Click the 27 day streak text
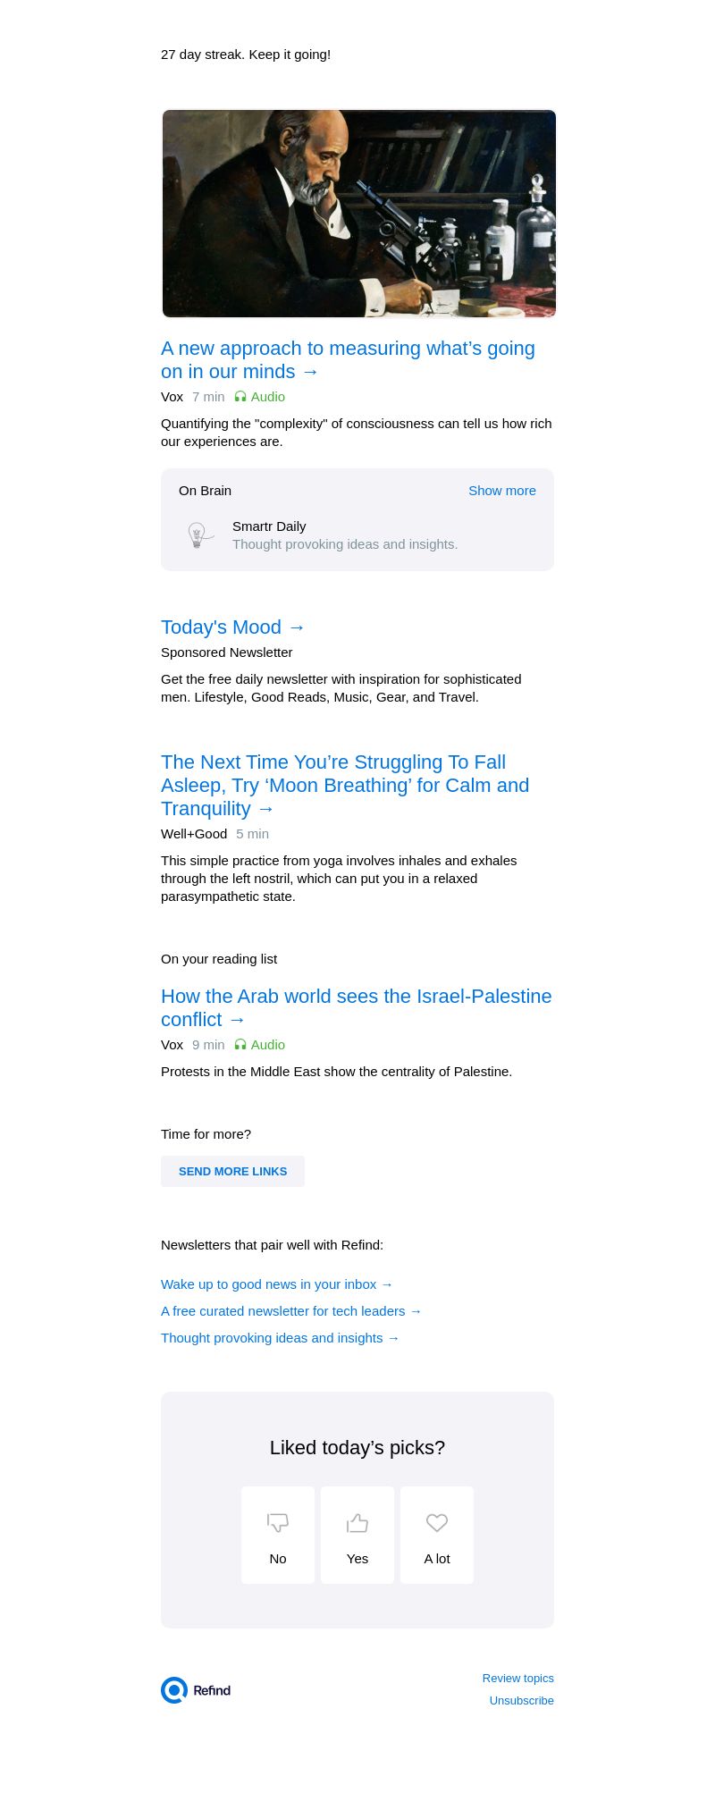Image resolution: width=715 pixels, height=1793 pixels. [x=246, y=55]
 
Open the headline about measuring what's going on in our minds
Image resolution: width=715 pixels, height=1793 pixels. [x=348, y=360]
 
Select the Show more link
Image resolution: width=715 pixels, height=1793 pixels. [x=501, y=491]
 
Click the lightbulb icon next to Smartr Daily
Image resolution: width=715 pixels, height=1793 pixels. [x=198, y=535]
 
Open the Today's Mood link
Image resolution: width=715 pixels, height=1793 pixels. [x=233, y=627]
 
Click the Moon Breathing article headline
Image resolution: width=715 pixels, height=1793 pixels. [x=345, y=786]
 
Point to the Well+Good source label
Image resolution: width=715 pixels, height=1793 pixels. [x=194, y=834]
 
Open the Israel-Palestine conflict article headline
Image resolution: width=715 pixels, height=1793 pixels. [x=356, y=1008]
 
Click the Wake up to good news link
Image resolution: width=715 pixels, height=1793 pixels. [x=277, y=1284]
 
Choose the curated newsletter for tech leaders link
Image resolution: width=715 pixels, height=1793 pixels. [x=291, y=1311]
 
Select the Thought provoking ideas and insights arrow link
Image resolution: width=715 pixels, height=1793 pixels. [x=281, y=1338]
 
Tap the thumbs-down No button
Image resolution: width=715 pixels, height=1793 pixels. [x=278, y=1535]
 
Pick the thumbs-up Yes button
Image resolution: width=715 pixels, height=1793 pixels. [x=357, y=1535]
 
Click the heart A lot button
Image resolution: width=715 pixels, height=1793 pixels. [x=437, y=1535]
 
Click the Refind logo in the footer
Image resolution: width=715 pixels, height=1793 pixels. [x=197, y=1690]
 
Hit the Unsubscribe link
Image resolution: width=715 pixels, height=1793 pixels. [x=521, y=1701]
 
